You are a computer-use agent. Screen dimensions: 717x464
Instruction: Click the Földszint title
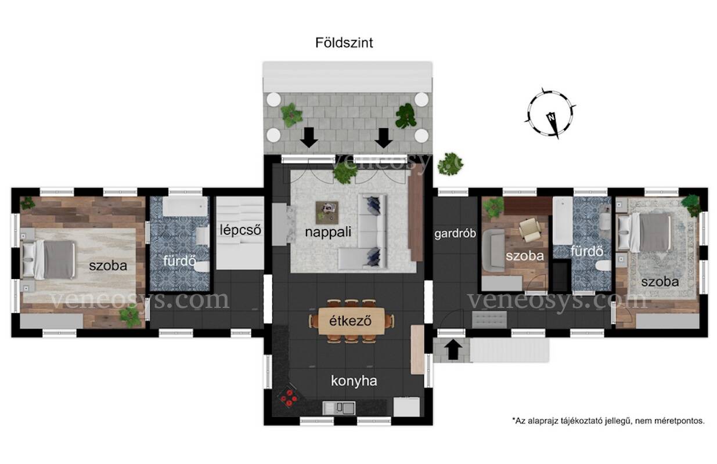pos(344,43)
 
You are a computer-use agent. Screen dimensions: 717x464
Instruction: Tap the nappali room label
pos(328,232)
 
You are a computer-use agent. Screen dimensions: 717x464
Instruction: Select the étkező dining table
pos(351,321)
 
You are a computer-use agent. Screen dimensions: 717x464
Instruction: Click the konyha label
pos(354,381)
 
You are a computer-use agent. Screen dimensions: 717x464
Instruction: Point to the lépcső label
pos(240,230)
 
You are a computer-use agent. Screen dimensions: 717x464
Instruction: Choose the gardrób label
pos(455,234)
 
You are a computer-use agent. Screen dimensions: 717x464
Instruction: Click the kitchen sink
pos(338,408)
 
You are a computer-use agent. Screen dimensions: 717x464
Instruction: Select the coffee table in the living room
pos(327,213)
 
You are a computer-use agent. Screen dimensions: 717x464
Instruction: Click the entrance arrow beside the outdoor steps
pos(453,350)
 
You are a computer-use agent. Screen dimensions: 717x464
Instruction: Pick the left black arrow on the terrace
pos(309,138)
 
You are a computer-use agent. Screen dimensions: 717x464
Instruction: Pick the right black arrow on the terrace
pos(384,138)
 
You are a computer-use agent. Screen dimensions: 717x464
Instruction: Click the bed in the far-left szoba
pos(49,260)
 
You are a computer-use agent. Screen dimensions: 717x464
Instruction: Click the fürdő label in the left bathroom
pos(179,261)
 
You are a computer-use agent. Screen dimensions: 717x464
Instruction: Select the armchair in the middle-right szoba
pos(529,230)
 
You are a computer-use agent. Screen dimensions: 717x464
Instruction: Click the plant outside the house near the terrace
pos(450,164)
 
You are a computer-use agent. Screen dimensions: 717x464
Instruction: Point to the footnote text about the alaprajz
pos(608,421)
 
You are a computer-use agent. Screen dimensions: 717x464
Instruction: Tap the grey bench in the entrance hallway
pos(489,320)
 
